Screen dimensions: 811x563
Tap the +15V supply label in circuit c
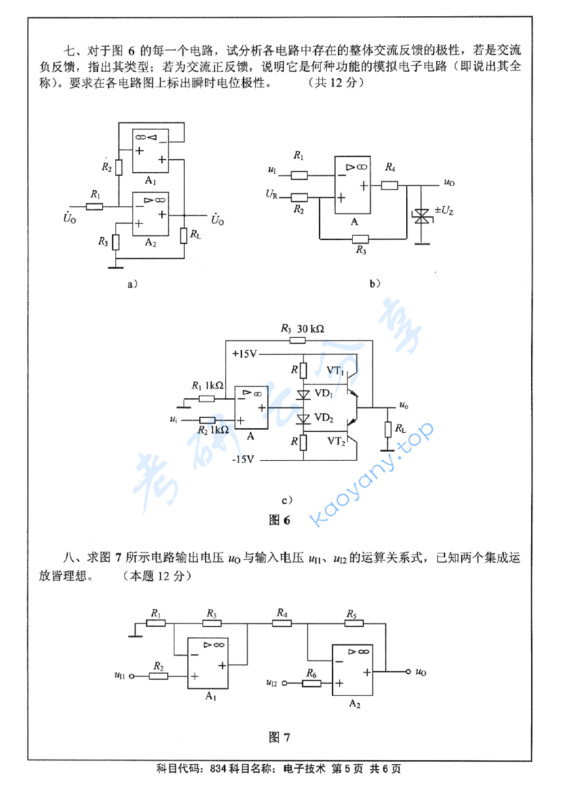point(245,353)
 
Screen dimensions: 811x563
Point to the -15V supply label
point(246,459)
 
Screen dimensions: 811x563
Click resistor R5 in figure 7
point(353,623)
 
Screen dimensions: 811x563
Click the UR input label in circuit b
point(271,194)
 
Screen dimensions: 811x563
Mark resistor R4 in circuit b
point(389,185)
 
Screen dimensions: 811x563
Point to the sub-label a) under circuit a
point(132,283)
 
